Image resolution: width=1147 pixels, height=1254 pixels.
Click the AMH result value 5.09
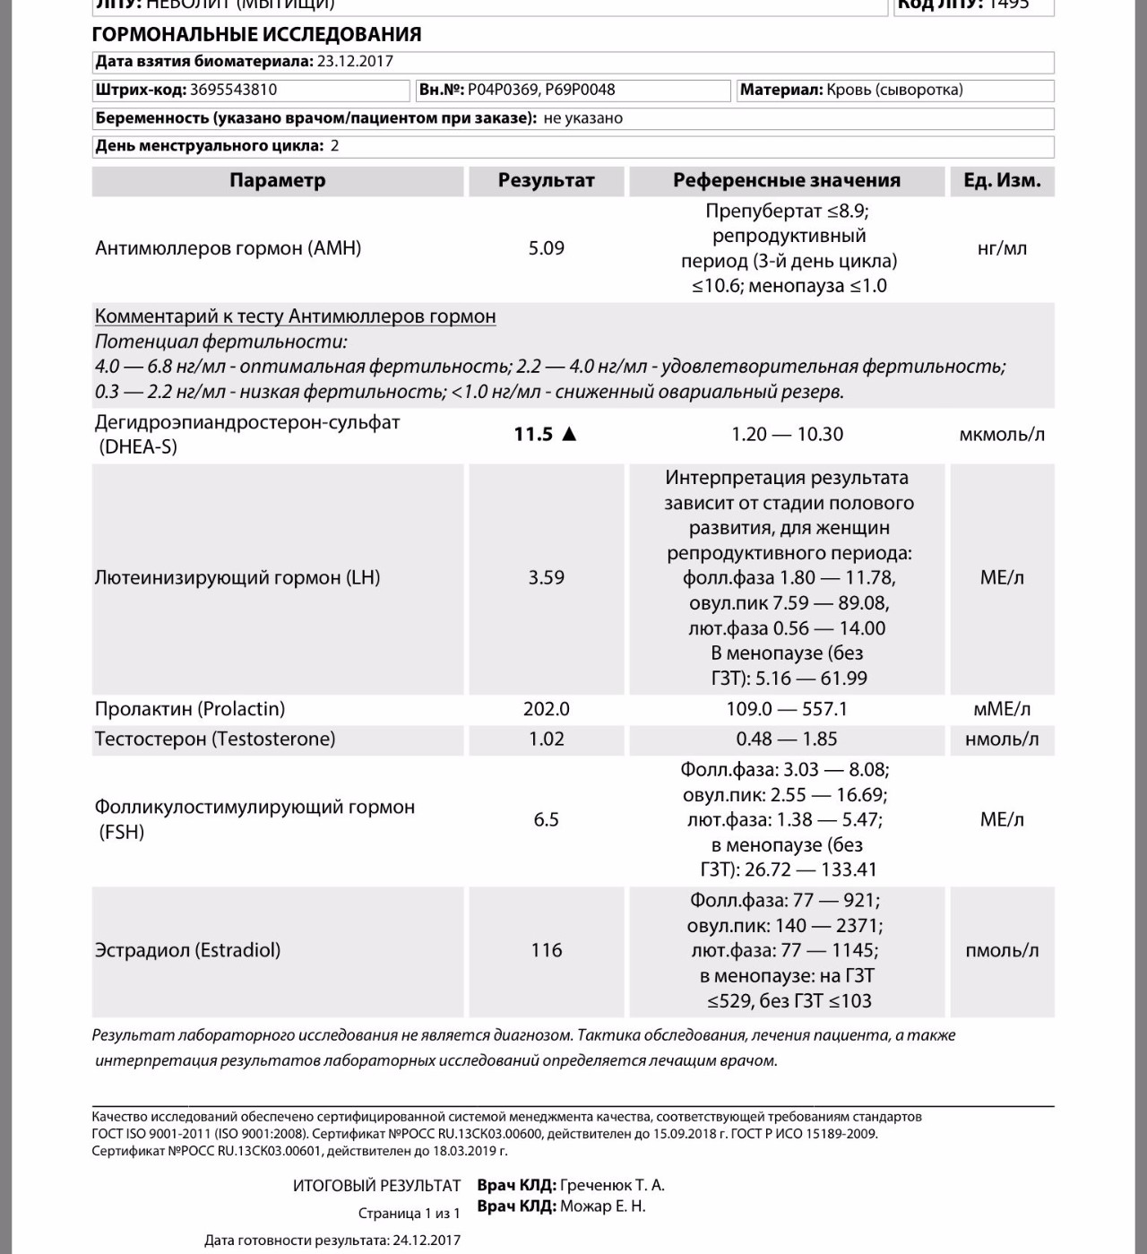pos(546,248)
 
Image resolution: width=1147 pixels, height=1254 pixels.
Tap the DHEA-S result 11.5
pos(533,435)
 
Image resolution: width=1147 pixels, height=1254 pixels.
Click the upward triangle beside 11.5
pos(569,435)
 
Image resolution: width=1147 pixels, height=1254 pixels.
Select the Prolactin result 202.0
pos(546,709)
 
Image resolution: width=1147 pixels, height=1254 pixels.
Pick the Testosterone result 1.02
pos(546,739)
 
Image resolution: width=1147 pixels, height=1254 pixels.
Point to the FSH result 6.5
pos(546,819)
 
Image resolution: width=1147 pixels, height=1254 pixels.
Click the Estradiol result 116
pos(546,950)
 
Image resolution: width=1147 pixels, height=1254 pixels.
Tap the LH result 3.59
pos(546,578)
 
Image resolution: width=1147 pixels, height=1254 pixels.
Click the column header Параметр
pos(277,180)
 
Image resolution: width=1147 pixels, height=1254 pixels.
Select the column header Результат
pos(546,180)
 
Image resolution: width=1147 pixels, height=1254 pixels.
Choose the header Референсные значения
pos(787,180)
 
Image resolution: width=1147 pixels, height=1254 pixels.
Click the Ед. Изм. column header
pos(1002,180)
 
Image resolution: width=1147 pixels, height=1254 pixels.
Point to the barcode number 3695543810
pos(233,90)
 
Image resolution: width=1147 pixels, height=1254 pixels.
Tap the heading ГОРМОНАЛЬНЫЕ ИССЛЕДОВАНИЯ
pos(256,35)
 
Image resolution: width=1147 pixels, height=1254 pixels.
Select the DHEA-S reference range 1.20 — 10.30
pos(787,435)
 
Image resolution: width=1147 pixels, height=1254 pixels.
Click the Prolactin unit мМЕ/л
pos(1002,709)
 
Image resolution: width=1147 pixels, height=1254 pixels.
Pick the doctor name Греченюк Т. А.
pos(612,1185)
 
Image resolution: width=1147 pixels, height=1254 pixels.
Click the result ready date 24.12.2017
pos(426,1241)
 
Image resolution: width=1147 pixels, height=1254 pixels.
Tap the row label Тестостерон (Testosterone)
pos(215,739)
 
